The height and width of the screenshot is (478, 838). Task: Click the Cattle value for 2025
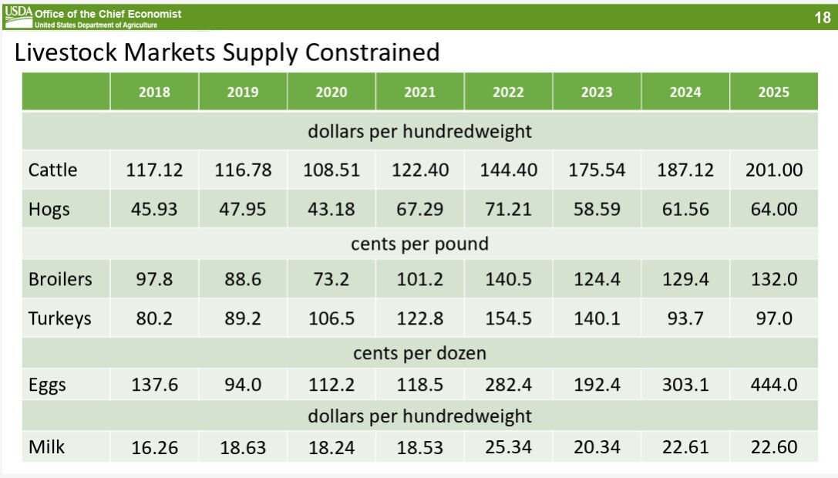click(773, 170)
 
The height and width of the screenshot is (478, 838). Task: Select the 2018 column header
click(154, 92)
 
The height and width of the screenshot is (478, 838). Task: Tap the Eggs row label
click(47, 385)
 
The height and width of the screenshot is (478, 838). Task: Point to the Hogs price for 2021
click(419, 209)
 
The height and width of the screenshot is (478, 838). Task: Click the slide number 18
click(822, 18)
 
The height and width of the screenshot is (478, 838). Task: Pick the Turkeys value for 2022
click(508, 318)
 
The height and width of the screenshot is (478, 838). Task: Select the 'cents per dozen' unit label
click(419, 354)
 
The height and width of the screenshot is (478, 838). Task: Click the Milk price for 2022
click(508, 447)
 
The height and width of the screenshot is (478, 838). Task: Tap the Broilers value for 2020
click(331, 279)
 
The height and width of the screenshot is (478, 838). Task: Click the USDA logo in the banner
click(18, 12)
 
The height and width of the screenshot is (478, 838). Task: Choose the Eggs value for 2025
click(773, 385)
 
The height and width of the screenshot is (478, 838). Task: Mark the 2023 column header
click(597, 92)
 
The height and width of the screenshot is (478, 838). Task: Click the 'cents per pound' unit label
click(419, 244)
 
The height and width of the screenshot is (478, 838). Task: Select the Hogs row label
click(49, 209)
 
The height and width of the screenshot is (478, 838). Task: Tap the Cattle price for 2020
click(331, 170)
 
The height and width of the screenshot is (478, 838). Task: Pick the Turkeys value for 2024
click(685, 318)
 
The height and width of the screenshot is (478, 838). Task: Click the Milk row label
click(46, 447)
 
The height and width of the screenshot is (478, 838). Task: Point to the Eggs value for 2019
click(243, 385)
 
